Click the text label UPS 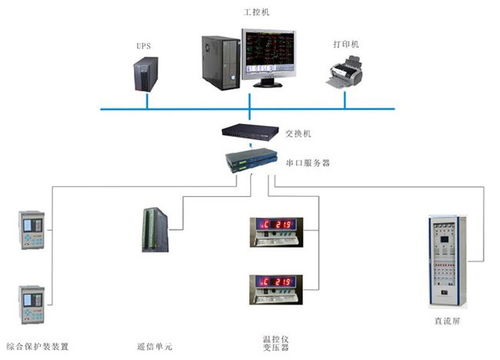(144, 46)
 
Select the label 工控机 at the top (256, 11)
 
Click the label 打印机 (347, 44)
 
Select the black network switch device (248, 130)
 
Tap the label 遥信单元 (157, 346)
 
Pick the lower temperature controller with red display (272, 288)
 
